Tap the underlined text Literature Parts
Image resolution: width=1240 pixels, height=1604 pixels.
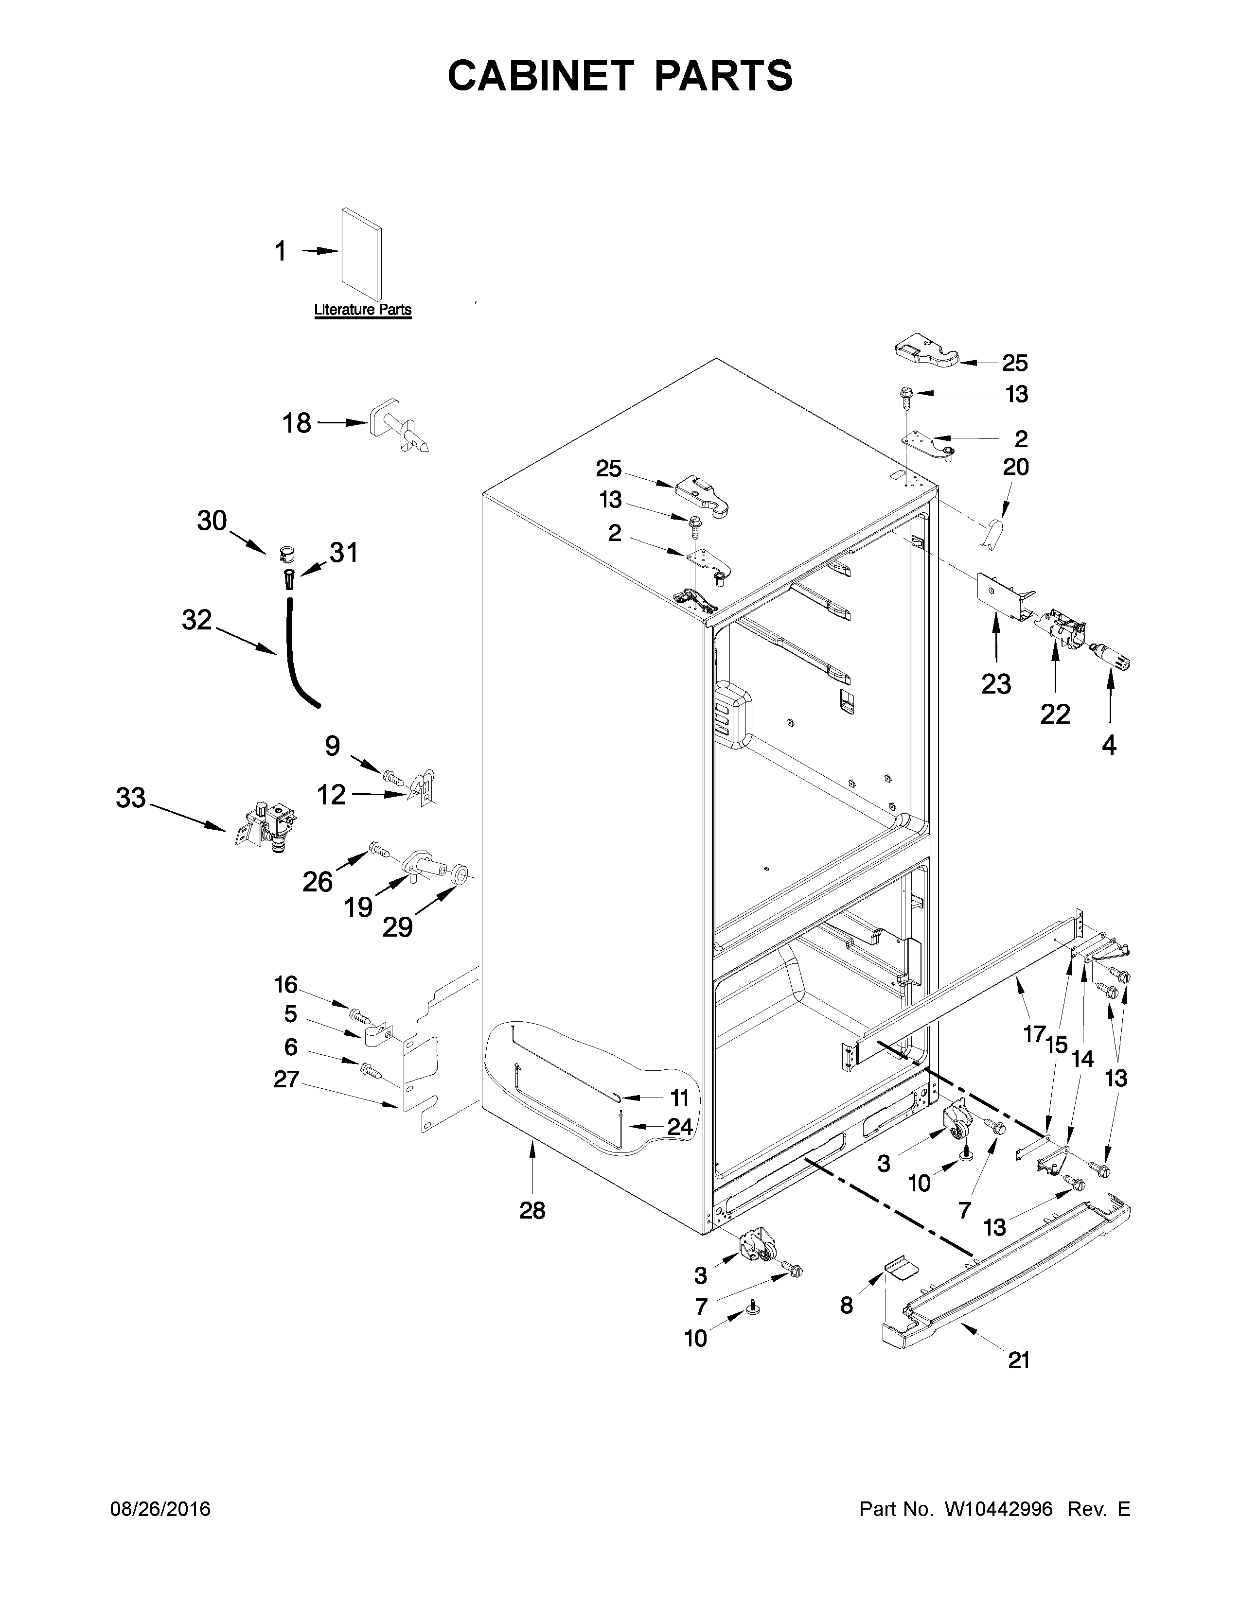[x=362, y=310]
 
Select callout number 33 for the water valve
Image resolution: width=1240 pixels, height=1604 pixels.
[x=131, y=798]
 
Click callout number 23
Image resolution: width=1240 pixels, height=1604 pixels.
[x=996, y=684]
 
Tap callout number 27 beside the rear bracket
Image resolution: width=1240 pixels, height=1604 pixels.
[x=286, y=1079]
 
